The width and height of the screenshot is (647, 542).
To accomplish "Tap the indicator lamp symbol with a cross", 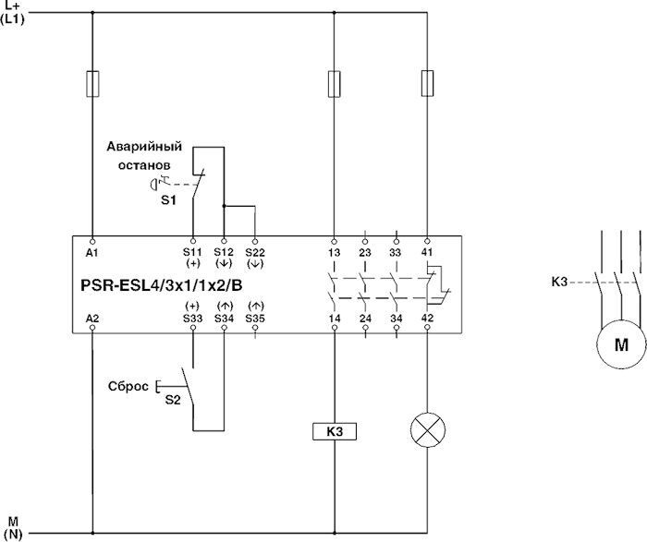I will (x=426, y=430).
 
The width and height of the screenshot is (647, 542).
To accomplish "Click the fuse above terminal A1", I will (x=93, y=84).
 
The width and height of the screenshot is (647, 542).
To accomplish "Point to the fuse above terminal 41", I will (x=426, y=84).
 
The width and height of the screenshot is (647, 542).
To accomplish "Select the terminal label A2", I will (x=92, y=319).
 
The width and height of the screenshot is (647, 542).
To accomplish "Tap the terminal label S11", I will (x=192, y=251).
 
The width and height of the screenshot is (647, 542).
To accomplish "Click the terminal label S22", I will (x=255, y=251).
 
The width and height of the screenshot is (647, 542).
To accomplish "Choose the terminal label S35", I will (x=255, y=319).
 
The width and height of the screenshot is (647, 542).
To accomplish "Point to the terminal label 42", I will (x=426, y=319).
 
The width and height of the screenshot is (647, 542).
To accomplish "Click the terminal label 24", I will (x=364, y=319).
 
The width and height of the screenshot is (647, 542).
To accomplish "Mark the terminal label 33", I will (x=396, y=251).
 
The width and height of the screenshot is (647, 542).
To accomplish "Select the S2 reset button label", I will (x=173, y=400).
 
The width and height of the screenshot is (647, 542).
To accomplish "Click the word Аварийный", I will (x=143, y=147).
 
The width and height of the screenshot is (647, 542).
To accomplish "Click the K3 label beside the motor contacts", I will (x=559, y=281).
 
